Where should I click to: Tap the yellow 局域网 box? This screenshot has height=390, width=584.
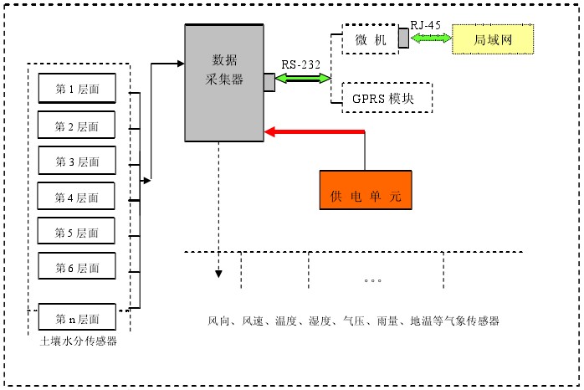[x=492, y=38]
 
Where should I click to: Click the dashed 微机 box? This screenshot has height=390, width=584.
[x=369, y=38]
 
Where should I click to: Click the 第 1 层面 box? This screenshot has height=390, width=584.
[x=77, y=89]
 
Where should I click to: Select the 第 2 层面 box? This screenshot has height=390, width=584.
[x=77, y=126]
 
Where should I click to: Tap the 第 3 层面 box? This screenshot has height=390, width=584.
[x=77, y=161]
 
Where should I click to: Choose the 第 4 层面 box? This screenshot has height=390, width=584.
[x=77, y=197]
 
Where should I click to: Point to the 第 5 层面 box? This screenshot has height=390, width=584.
[x=77, y=232]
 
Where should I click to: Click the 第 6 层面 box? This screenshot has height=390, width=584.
[x=77, y=267]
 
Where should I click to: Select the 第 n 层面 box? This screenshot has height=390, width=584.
[x=77, y=319]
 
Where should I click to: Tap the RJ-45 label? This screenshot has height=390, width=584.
[x=425, y=25]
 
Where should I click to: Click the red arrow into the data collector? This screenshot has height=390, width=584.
[x=314, y=131]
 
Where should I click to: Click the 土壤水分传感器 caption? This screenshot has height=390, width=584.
[x=78, y=341]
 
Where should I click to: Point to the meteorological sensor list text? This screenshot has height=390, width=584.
[x=353, y=321]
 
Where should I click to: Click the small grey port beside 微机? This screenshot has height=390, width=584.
[x=403, y=38]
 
